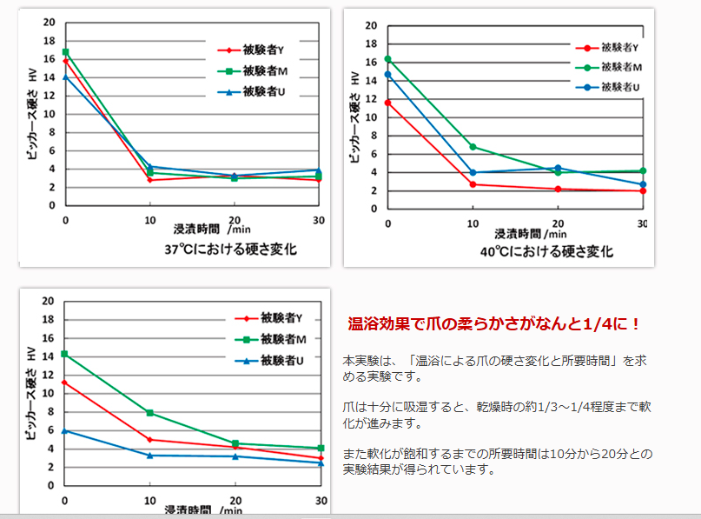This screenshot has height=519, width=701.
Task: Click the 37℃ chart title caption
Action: pyautogui.click(x=230, y=250)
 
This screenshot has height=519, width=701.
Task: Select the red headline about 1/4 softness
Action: pyautogui.click(x=494, y=324)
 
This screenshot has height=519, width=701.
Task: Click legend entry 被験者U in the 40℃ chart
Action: pyautogui.click(x=620, y=87)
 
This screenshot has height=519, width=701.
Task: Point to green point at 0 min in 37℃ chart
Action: pyautogui.click(x=65, y=52)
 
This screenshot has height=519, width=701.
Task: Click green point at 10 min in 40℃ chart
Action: pyautogui.click(x=473, y=146)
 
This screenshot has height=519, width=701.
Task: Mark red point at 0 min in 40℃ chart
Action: pyautogui.click(x=388, y=103)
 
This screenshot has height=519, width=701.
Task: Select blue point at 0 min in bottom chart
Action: pyautogui.click(x=65, y=430)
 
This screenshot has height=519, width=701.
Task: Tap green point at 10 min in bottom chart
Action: pyautogui.click(x=150, y=413)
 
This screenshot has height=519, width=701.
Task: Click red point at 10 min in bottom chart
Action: pyautogui.click(x=150, y=440)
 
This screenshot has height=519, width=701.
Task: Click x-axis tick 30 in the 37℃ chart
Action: pyautogui.click(x=319, y=221)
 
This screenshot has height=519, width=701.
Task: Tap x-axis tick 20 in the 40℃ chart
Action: pyautogui.click(x=558, y=223)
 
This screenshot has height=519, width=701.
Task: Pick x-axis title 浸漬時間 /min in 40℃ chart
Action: pyautogui.click(x=531, y=234)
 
